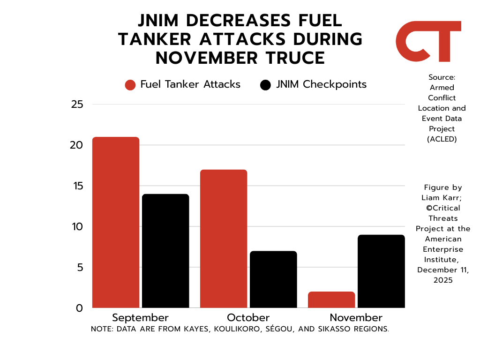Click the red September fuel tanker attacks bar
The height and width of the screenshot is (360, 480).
pyautogui.click(x=116, y=222)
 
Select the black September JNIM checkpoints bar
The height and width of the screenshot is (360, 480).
pyautogui.click(x=165, y=251)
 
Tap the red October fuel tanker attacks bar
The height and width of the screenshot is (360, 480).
pyautogui.click(x=224, y=239)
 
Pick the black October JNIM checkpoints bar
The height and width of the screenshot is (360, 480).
pyautogui.click(x=273, y=279)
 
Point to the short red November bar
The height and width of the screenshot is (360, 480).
pyautogui.click(x=331, y=300)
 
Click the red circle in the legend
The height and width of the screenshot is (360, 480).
pyautogui.click(x=130, y=85)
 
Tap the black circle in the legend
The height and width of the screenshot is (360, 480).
pyautogui.click(x=265, y=85)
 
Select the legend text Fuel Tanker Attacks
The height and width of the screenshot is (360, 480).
pyautogui.click(x=190, y=84)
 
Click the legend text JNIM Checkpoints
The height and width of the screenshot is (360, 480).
pyautogui.click(x=321, y=84)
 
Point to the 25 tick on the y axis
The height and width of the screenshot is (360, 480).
pyautogui.click(x=77, y=104)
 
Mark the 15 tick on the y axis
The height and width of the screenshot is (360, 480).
pyautogui.click(x=77, y=186)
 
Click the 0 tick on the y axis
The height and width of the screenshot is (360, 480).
pyautogui.click(x=79, y=308)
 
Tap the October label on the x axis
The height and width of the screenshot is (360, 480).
pyautogui.click(x=248, y=317)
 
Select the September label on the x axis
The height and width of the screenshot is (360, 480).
pyautogui.click(x=140, y=317)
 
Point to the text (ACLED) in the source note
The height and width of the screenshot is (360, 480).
pyautogui.click(x=442, y=139)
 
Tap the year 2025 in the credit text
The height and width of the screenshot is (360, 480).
pyautogui.click(x=442, y=280)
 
